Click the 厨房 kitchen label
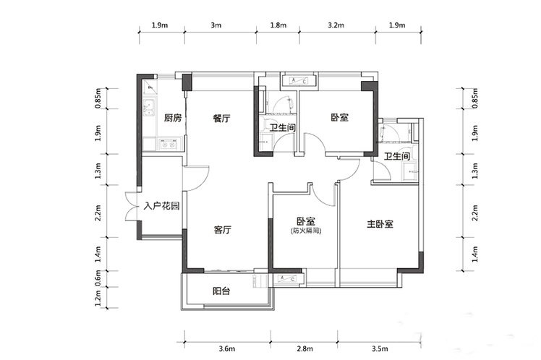[x=173, y=119]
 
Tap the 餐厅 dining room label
[x=221, y=119]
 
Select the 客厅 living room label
[x=223, y=230]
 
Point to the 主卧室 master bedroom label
[x=380, y=224]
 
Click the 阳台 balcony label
[x=221, y=291]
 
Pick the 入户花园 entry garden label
[x=162, y=206]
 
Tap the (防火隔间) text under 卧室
[x=306, y=231]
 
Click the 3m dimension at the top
[x=216, y=25]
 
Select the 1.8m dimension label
[x=278, y=25]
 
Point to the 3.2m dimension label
[x=336, y=25]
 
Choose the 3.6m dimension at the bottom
[x=227, y=348]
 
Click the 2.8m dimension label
[x=305, y=348]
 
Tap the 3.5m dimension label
[x=380, y=348]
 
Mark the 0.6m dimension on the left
[x=98, y=278]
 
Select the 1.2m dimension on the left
[x=98, y=299]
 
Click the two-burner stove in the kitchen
[x=168, y=145]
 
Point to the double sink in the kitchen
[x=150, y=107]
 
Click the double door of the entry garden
[x=132, y=206]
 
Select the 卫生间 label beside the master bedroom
[x=397, y=157]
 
